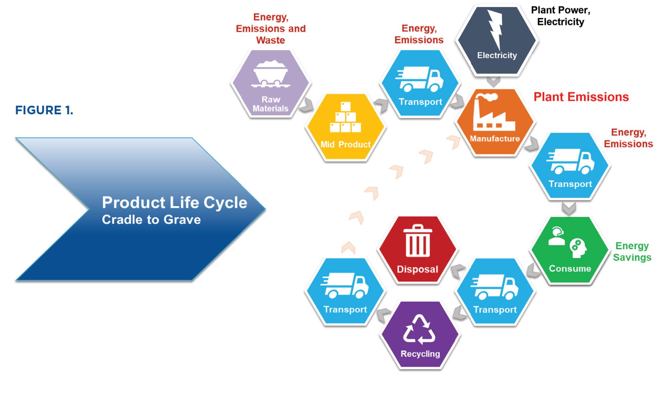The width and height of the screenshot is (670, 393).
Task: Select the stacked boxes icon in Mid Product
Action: coord(345,118)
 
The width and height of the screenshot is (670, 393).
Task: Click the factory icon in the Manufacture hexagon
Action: coord(493,113)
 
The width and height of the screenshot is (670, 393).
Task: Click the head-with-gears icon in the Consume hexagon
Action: coord(578,248)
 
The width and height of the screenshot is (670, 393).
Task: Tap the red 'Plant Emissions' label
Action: coord(581,97)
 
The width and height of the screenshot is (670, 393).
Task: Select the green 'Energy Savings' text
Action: coord(632,252)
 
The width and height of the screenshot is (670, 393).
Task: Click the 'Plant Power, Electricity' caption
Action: coord(560,16)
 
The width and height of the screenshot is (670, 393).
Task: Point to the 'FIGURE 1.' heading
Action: coord(44,110)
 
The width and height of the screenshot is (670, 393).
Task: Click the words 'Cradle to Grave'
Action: coord(151,220)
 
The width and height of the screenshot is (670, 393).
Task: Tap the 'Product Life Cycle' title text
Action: coord(174,202)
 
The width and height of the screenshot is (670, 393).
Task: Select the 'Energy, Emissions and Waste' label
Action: coord(271,28)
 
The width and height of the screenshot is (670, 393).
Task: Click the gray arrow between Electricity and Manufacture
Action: coord(493,82)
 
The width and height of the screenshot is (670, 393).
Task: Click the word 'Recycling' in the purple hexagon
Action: coord(420,354)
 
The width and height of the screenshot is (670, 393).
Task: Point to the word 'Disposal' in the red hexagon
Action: coord(417,269)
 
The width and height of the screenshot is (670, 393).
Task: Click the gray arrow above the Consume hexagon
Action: coord(569,208)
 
